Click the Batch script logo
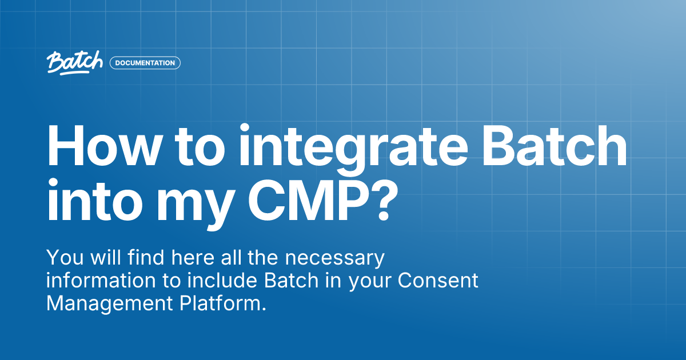coord(75,63)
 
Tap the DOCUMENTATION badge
coord(145,63)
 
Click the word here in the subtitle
coord(188,258)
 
